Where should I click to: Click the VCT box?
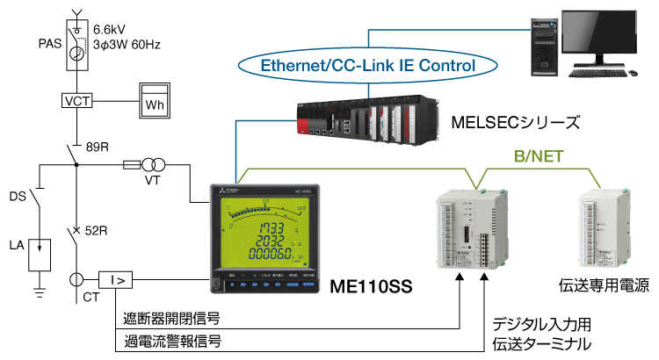[77, 100]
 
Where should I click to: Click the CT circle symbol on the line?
[77, 280]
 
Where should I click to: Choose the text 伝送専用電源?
[602, 285]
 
